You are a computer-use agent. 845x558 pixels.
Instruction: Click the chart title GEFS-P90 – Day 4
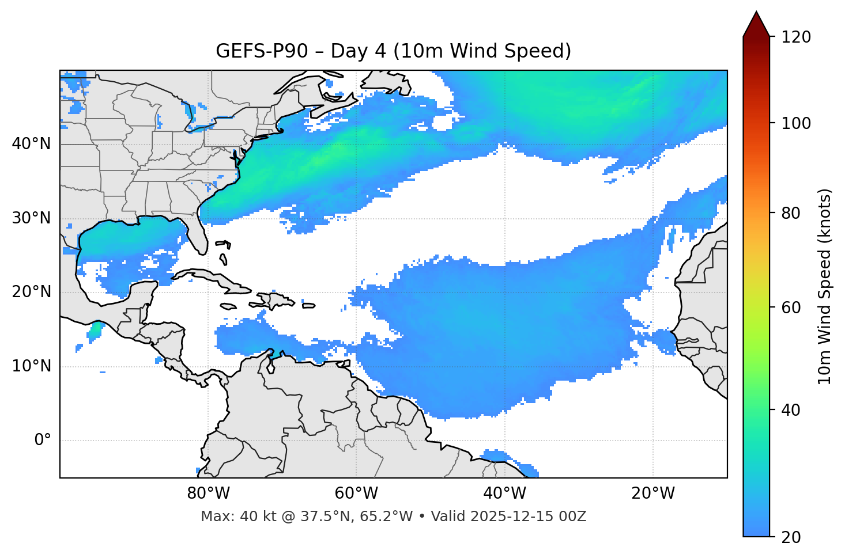pos(393,51)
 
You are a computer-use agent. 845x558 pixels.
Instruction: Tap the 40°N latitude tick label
pos(31,144)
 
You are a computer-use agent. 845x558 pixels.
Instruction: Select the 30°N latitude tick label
pos(31,218)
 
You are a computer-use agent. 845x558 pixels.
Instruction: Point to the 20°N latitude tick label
pos(31,292)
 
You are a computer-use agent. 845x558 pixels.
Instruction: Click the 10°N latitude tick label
pos(31,366)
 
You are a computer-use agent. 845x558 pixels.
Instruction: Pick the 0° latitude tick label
pos(42,441)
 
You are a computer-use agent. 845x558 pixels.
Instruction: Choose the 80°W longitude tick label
pos(208,494)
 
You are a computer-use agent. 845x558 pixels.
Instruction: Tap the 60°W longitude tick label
pos(356,494)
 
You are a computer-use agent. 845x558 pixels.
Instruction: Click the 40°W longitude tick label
pos(504,494)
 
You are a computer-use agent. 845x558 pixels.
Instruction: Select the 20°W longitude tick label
pos(652,494)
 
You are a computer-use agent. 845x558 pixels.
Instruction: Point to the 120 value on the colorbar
pos(795,37)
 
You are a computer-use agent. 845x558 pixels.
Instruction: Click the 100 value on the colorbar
pos(795,123)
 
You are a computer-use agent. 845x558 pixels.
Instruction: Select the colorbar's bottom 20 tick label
pos(791,537)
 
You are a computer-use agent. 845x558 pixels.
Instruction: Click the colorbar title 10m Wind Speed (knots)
pos(825,286)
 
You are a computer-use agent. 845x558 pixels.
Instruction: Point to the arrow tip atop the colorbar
pos(756,13)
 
